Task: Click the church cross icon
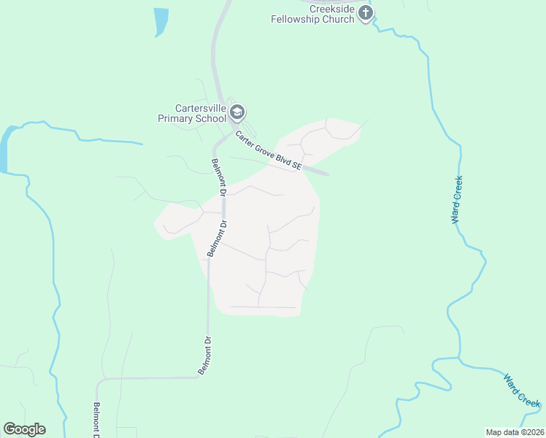pyautogui.click(x=366, y=12)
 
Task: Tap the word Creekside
pyautogui.click(x=332, y=8)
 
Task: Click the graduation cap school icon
pyautogui.click(x=236, y=112)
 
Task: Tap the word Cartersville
pyautogui.click(x=193, y=107)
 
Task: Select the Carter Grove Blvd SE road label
pyautogui.click(x=269, y=150)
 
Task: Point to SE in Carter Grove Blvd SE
pyautogui.click(x=296, y=166)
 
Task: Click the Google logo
pyautogui.click(x=24, y=429)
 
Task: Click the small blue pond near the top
pyautogui.click(x=160, y=20)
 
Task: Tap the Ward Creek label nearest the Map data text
pyautogui.click(x=522, y=389)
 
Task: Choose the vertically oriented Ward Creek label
pyautogui.click(x=457, y=199)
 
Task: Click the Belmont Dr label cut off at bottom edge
pyautogui.click(x=96, y=420)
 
